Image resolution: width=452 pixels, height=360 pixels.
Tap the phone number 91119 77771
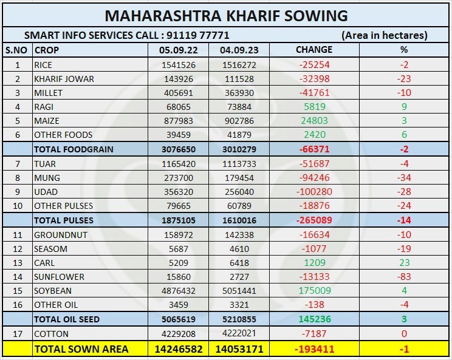[200, 35]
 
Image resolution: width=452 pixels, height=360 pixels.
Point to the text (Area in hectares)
[384, 35]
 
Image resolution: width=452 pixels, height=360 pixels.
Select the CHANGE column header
[313, 49]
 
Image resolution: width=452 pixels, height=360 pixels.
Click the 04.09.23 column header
[239, 49]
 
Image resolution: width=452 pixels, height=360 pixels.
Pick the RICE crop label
[44, 65]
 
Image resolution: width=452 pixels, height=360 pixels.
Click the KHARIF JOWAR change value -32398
[313, 79]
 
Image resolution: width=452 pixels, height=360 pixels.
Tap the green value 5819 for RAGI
[313, 107]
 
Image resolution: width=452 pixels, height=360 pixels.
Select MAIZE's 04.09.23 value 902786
[239, 121]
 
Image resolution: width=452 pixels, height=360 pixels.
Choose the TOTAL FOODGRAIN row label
[74, 149]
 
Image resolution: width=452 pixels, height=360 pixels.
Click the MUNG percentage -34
[404, 177]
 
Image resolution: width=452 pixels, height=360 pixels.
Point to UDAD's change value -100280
[313, 191]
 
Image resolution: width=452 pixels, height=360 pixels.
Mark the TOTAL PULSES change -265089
[313, 219]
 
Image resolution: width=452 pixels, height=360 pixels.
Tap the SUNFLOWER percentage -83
[404, 277]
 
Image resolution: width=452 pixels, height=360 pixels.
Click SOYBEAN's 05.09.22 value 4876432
[179, 291]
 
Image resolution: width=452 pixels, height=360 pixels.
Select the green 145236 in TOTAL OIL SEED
[313, 319]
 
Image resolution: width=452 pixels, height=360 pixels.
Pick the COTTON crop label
[51, 333]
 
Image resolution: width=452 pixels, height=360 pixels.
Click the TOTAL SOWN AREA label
[81, 348]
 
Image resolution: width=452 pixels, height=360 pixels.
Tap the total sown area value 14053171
[239, 348]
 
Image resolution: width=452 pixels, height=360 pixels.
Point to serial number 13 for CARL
[17, 263]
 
